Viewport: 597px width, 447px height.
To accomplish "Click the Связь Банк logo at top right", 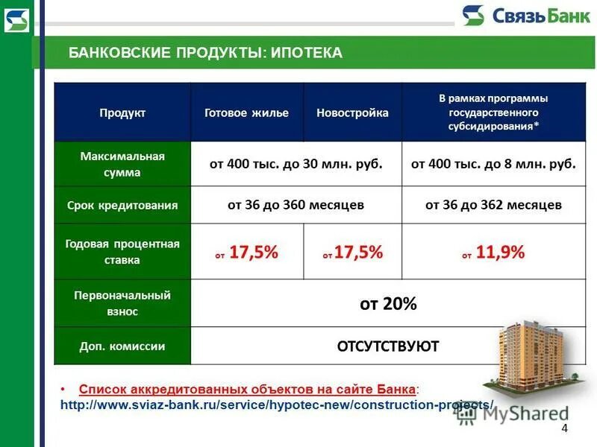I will click(515, 16).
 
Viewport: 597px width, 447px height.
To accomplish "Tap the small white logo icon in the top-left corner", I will click(16, 20).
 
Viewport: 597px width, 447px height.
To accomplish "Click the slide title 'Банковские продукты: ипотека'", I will click(205, 52).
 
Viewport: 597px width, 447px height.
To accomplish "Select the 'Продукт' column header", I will click(122, 112).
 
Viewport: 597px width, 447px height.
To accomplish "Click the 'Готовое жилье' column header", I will click(246, 112).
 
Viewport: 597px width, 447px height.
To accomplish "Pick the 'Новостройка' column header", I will click(352, 112).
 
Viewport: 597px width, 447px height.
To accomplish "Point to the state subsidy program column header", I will click(493, 112).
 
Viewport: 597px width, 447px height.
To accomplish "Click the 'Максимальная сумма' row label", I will click(122, 164).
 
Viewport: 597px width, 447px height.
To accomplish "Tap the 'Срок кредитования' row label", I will click(122, 205).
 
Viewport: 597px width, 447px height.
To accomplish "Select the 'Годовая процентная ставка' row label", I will click(122, 252).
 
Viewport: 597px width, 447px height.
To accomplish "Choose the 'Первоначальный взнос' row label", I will click(122, 303).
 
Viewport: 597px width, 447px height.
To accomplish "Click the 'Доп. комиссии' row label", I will click(122, 346).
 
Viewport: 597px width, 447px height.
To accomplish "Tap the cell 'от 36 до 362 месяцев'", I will click(493, 205).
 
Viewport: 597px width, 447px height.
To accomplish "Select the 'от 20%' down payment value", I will click(388, 304).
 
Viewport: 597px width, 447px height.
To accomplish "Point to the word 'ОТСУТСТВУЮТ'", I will click(388, 346).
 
